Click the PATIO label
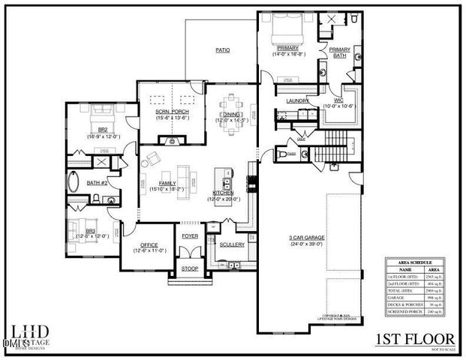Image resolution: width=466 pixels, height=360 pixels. (x=223, y=50)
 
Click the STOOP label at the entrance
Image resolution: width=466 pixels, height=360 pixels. (x=189, y=269)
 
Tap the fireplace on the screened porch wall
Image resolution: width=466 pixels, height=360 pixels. (x=172, y=140)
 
